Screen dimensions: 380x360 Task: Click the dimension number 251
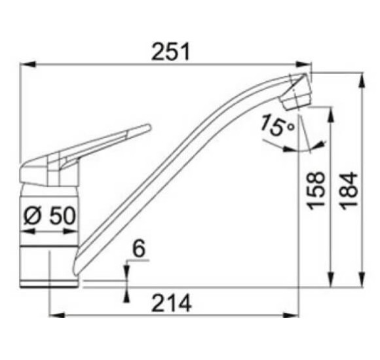(x=170, y=52)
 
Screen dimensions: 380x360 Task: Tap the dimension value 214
(x=172, y=303)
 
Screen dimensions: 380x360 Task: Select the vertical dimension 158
(x=316, y=190)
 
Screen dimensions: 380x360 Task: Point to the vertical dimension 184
(x=349, y=190)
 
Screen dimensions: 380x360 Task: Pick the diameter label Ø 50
(x=50, y=215)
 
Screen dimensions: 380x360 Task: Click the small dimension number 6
(x=139, y=249)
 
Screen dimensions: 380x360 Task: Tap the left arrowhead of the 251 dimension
(x=28, y=65)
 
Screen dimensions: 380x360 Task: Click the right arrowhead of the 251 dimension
(x=303, y=65)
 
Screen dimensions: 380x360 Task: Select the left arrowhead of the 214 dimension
(x=57, y=315)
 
